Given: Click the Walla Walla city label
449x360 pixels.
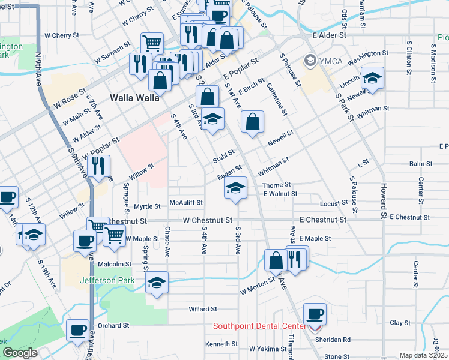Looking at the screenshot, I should point(135,97).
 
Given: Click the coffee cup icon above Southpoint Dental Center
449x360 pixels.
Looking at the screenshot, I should point(315,313).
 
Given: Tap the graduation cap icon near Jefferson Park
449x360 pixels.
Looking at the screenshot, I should point(157,281).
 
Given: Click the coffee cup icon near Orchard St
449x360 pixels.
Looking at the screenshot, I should point(77,330).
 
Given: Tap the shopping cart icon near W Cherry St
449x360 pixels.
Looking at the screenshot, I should point(152,43).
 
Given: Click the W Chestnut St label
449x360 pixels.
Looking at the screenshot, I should point(208,220).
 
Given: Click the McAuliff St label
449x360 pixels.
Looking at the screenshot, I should point(186,203).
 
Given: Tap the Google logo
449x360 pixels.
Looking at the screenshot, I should point(20,353).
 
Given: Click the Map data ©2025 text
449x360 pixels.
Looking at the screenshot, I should point(424,355).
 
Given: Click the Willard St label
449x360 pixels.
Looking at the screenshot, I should point(202,309).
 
